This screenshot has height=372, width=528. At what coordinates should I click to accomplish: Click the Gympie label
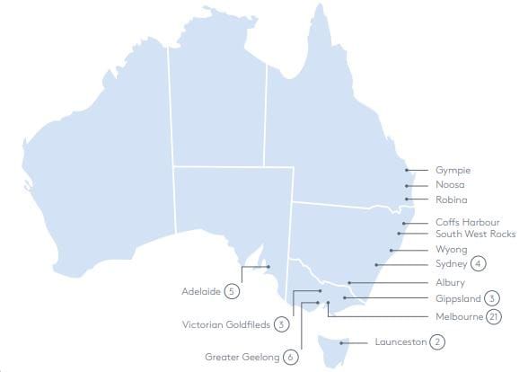pyautogui.click(x=453, y=170)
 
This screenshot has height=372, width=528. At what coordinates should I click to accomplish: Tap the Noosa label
pyautogui.click(x=451, y=185)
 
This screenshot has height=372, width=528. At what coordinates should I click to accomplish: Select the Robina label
pyautogui.click(x=452, y=199)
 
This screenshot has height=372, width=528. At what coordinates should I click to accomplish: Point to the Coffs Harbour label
pyautogui.click(x=468, y=222)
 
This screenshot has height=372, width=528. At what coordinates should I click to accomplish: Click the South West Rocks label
pyautogui.click(x=476, y=235)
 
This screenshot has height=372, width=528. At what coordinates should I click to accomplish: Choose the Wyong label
pyautogui.click(x=451, y=250)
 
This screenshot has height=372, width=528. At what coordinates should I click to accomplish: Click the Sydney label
pyautogui.click(x=452, y=264)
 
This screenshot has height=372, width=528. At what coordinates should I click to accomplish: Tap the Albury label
pyautogui.click(x=451, y=283)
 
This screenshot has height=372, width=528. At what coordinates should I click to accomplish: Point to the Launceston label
pyautogui.click(x=400, y=342)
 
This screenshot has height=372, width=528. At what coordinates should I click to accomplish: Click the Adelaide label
pyautogui.click(x=201, y=291)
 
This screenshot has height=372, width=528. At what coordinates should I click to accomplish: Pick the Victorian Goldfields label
pyautogui.click(x=226, y=324)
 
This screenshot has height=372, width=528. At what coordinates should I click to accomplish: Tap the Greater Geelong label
pyautogui.click(x=242, y=357)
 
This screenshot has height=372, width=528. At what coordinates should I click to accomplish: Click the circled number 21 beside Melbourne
pyautogui.click(x=494, y=316)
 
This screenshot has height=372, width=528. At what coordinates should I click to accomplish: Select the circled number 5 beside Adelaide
pyautogui.click(x=233, y=291)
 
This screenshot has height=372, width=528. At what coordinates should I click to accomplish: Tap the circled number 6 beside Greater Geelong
pyautogui.click(x=290, y=357)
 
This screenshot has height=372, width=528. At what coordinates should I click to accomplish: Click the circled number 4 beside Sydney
pyautogui.click(x=480, y=264)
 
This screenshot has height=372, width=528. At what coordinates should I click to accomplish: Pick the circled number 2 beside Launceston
pyautogui.click(x=437, y=342)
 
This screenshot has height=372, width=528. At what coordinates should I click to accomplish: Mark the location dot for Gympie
pyautogui.click(x=407, y=170)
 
